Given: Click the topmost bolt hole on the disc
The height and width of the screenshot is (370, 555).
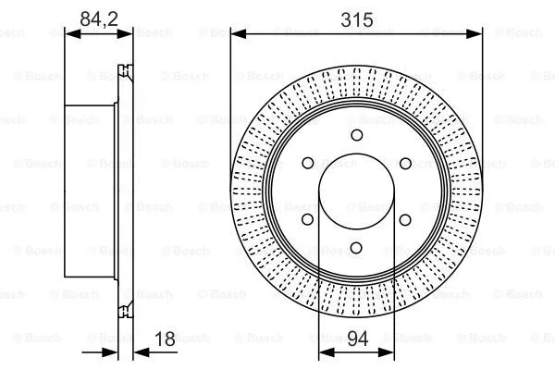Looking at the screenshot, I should click(356, 135).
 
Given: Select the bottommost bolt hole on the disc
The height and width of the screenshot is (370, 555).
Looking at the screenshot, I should click(356, 248).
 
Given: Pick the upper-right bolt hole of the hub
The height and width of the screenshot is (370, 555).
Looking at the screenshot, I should click(405, 163).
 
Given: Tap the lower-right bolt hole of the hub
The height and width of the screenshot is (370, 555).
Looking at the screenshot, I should click(405, 219).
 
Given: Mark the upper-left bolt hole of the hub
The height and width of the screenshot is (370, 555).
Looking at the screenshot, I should click(307, 163).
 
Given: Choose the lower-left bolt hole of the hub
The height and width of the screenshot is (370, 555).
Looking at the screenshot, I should click(307, 219).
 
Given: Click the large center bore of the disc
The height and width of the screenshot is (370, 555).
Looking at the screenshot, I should click(356, 191).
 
